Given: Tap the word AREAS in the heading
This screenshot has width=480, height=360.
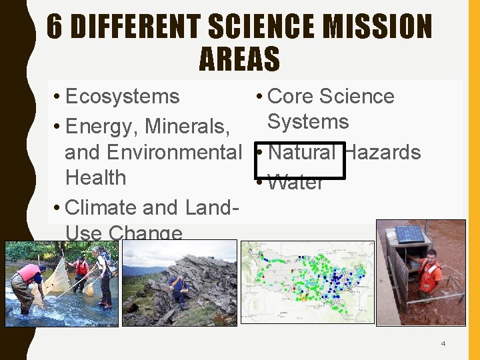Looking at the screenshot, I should click(239, 59).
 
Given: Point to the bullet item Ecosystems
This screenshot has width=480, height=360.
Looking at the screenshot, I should click(123, 97).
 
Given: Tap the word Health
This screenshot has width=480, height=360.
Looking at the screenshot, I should click(95, 178).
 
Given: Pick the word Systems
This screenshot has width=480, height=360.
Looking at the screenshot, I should click(308, 122).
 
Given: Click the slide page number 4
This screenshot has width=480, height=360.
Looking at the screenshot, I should click(443, 344).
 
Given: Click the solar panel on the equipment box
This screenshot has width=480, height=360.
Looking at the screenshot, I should click(410, 235).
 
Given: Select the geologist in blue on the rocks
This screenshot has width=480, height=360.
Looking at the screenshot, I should click(177, 288).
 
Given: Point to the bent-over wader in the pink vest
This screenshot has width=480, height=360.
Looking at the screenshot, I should click(28, 280).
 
